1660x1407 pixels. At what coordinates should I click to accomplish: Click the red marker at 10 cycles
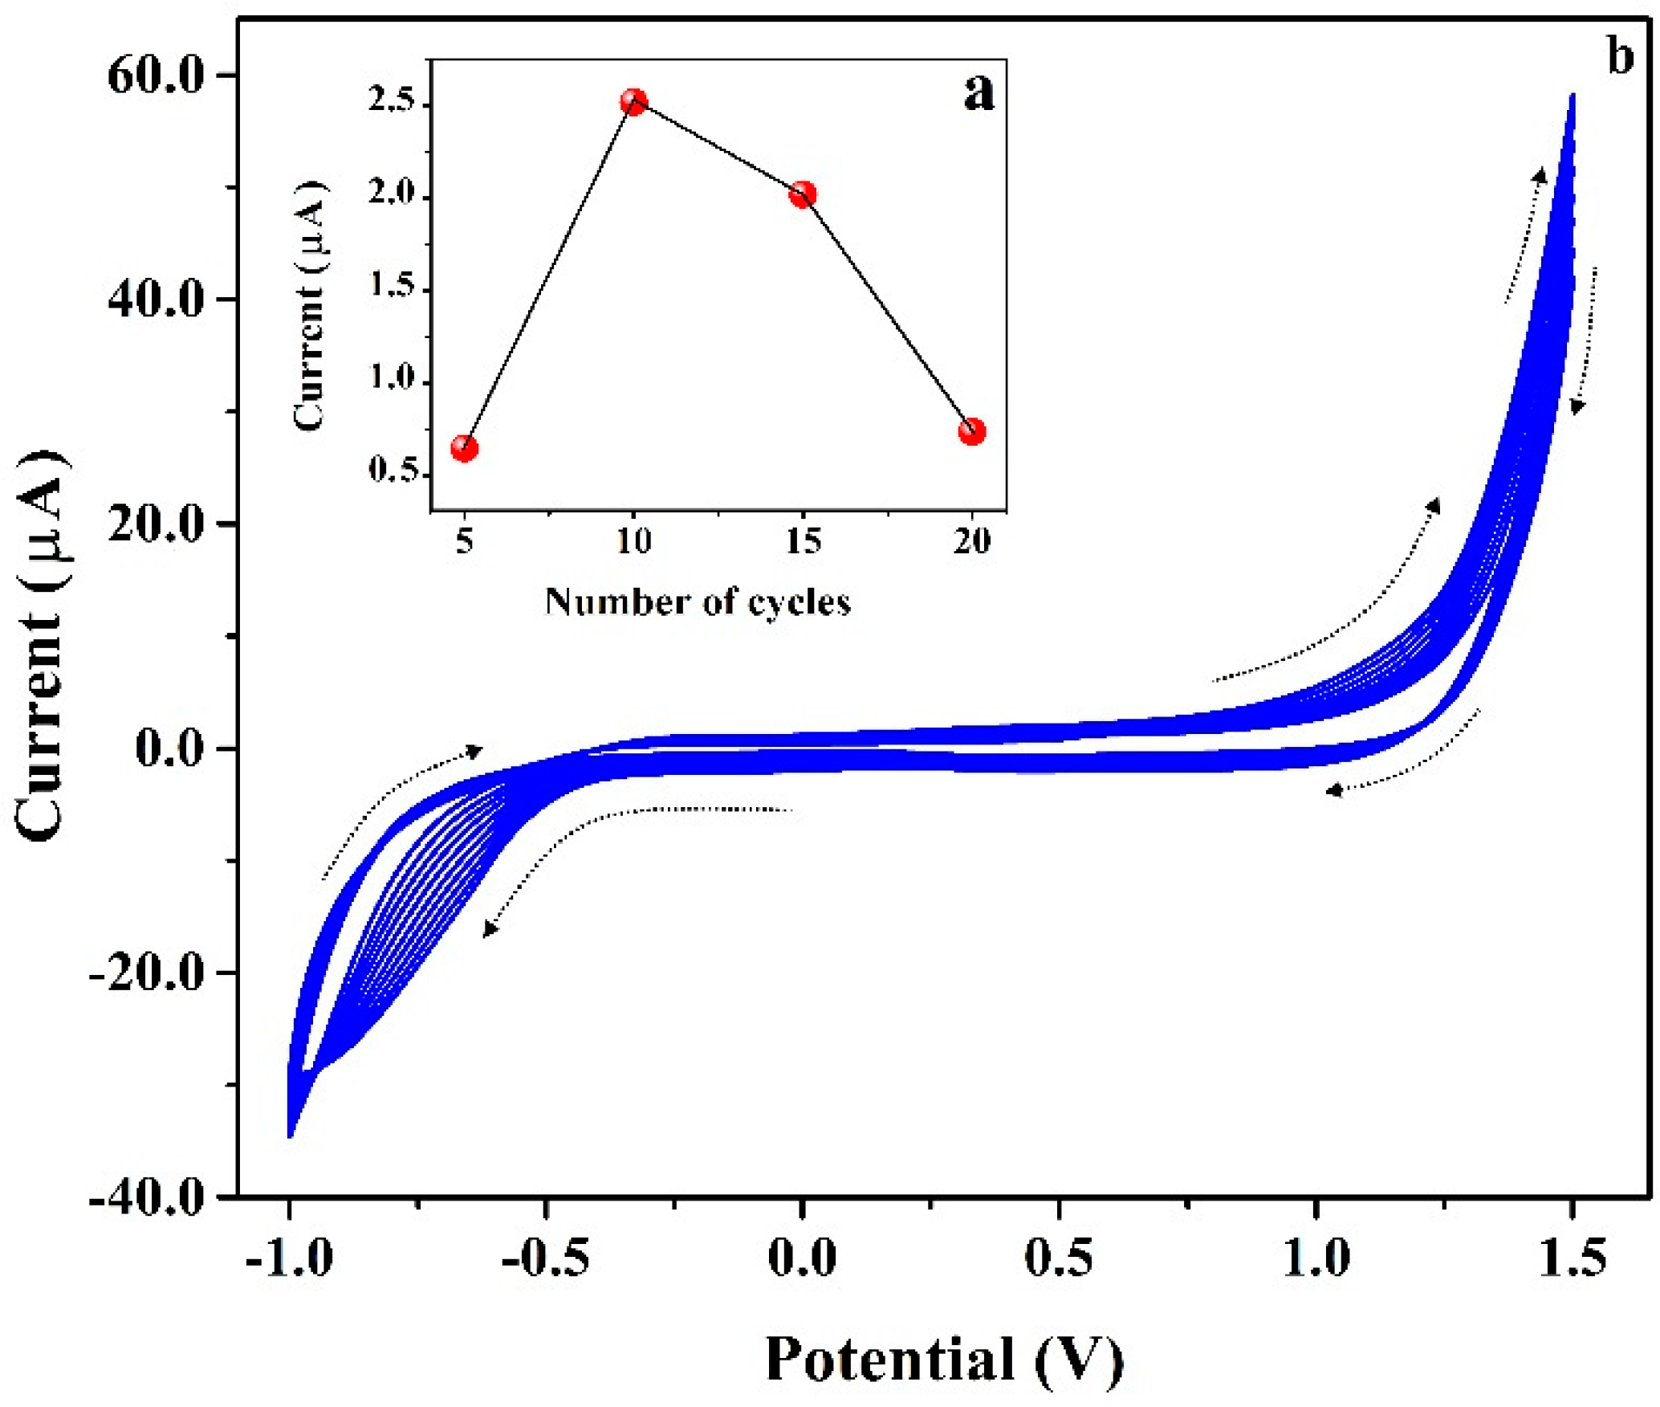coord(633,102)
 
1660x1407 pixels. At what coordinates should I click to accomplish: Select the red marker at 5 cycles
coord(464,447)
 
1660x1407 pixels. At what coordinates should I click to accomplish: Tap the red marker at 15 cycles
coord(802,194)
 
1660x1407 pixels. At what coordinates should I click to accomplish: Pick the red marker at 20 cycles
coord(971,431)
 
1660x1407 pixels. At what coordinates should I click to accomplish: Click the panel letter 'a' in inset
coord(978,92)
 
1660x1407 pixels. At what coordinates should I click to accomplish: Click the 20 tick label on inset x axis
coord(971,541)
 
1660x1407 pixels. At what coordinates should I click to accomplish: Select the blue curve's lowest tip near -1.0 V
coord(290,1136)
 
